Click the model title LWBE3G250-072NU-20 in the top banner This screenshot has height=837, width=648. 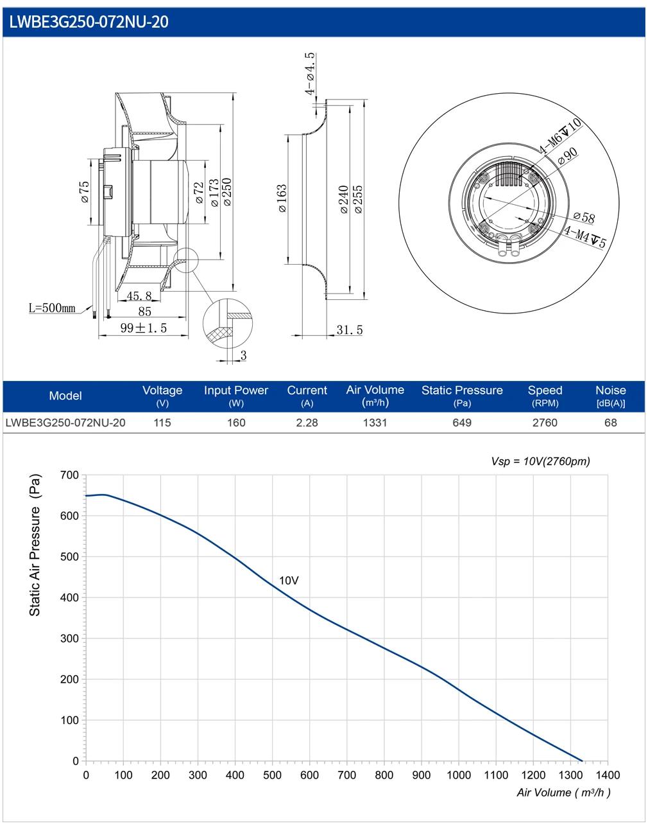pyautogui.click(x=89, y=22)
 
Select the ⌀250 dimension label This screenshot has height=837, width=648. pyautogui.click(x=227, y=192)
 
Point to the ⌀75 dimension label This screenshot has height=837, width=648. pyautogui.click(x=84, y=192)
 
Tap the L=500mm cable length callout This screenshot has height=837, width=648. pyautogui.click(x=52, y=308)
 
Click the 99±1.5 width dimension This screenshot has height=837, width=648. pyautogui.click(x=144, y=328)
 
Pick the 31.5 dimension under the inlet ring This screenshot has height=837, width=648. pyautogui.click(x=350, y=330)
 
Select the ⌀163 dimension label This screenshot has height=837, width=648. pyautogui.click(x=282, y=198)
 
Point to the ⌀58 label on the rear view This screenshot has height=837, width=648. pyautogui.click(x=584, y=217)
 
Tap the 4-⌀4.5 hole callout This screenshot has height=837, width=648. pyautogui.click(x=310, y=74)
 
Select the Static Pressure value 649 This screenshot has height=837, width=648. pyautogui.click(x=462, y=423)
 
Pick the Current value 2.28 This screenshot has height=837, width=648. pyautogui.click(x=307, y=423)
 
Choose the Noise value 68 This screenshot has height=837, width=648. pyautogui.click(x=610, y=423)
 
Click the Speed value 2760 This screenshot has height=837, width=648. pyautogui.click(x=545, y=423)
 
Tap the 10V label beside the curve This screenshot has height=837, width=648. pyautogui.click(x=289, y=581)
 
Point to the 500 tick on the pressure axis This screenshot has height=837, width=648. pyautogui.click(x=69, y=556)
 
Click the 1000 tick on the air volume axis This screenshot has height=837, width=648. pyautogui.click(x=459, y=775)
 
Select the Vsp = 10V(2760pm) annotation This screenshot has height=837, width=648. pyautogui.click(x=540, y=461)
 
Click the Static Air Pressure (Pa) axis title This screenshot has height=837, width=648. pyautogui.click(x=35, y=545)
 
